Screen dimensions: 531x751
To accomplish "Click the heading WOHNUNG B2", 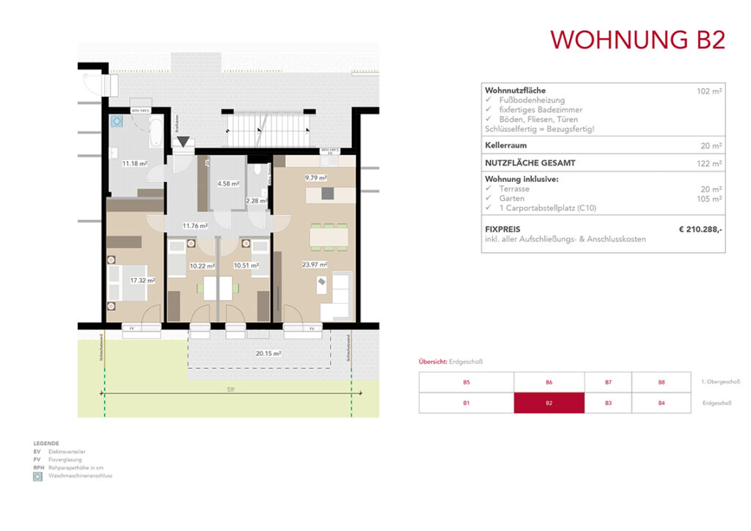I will [637, 39].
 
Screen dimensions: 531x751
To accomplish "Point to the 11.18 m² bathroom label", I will [135, 164].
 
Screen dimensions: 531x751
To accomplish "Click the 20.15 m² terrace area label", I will [268, 353].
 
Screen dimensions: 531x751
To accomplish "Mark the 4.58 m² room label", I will [228, 183].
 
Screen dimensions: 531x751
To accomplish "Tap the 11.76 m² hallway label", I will [195, 226].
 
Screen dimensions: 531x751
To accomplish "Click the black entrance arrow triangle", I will [183, 142].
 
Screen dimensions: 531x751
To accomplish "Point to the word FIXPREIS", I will [502, 230].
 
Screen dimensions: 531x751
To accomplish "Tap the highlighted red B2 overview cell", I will [549, 403].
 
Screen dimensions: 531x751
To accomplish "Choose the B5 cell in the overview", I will [466, 382].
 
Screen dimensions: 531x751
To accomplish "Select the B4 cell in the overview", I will [661, 403].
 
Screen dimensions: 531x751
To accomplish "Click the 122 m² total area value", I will [710, 164].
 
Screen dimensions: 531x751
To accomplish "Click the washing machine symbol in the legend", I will [37, 476].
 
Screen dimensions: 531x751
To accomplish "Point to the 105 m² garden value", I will [710, 198].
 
